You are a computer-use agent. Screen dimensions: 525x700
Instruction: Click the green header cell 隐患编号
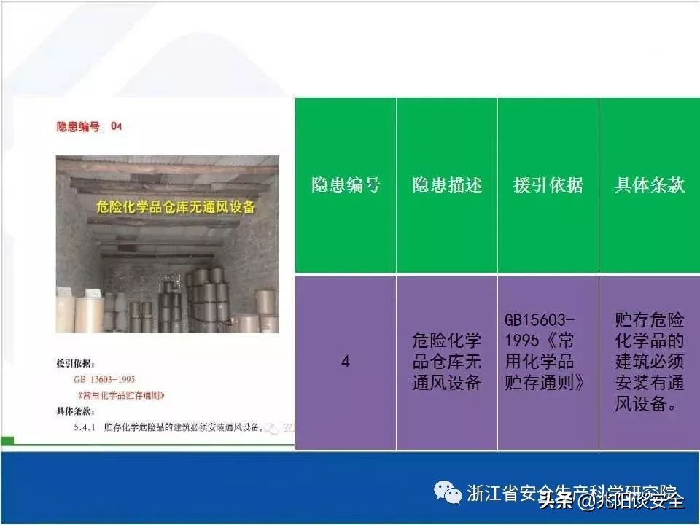click(346, 185)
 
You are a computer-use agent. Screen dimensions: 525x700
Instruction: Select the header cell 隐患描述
click(447, 185)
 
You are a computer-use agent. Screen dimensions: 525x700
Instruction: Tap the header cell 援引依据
click(548, 185)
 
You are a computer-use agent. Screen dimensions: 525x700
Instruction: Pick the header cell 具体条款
click(650, 185)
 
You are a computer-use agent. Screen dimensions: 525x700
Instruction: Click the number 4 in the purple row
click(346, 361)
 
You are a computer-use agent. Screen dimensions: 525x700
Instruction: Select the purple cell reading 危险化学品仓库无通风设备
click(447, 361)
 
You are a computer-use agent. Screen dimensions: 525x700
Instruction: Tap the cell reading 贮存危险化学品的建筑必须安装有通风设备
click(650, 361)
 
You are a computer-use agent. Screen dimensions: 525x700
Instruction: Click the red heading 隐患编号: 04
click(90, 126)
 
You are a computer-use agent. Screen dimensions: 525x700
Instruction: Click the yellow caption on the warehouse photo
click(176, 206)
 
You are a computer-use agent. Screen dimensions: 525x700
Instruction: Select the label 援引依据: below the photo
click(75, 363)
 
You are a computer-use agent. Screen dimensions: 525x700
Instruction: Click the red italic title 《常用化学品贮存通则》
click(119, 395)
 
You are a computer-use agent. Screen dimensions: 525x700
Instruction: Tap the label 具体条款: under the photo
click(75, 411)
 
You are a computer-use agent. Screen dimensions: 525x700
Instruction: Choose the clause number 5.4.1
click(86, 427)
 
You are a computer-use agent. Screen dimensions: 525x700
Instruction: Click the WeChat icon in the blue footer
click(447, 492)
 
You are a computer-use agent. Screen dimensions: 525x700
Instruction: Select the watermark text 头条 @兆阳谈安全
click(611, 500)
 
